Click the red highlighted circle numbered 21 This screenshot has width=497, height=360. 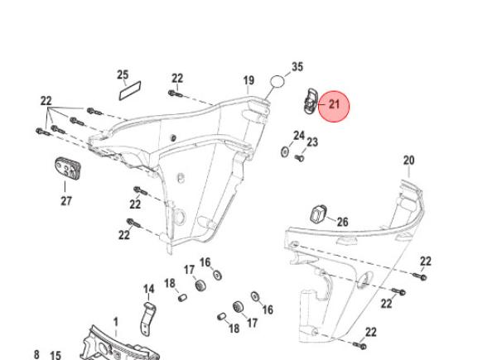pos(335,105)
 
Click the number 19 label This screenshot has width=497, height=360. pos(248,80)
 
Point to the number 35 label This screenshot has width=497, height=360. pos(297,67)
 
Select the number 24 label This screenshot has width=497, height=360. pos(299,135)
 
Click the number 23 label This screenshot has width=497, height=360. pos(312,142)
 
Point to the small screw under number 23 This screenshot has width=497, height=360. pos(300,157)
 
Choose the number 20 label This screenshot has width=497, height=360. pos(408,160)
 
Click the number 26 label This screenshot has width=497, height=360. pos(342,222)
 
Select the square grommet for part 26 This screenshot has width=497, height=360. pos(318,215)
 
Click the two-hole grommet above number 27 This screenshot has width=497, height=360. pos(67,169)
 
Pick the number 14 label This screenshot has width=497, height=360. pos(149,289)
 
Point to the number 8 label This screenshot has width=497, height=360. pos(36,354)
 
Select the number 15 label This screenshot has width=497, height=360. pos(55,355)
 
